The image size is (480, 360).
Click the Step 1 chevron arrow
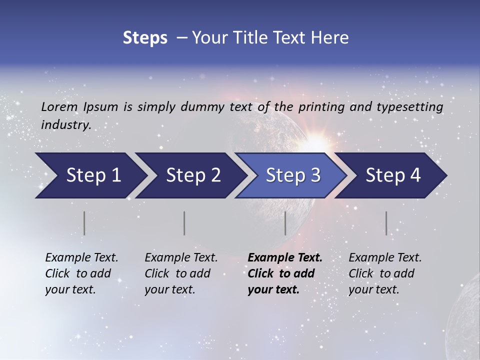pyautogui.click(x=90, y=175)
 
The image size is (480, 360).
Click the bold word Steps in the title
pyautogui.click(x=145, y=38)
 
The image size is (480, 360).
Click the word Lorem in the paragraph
pyautogui.click(x=59, y=106)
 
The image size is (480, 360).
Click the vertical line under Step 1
pyautogui.click(x=84, y=223)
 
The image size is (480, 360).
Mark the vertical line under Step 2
pyautogui.click(x=184, y=223)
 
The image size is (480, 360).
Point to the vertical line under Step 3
pyautogui.click(x=285, y=223)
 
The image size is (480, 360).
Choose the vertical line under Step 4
pyautogui.click(x=386, y=223)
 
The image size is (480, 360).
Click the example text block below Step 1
pyautogui.click(x=81, y=273)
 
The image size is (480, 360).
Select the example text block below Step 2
pyautogui.click(x=181, y=273)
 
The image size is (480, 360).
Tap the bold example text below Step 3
pyautogui.click(x=285, y=273)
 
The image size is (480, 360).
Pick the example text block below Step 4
pyautogui.click(x=385, y=273)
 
